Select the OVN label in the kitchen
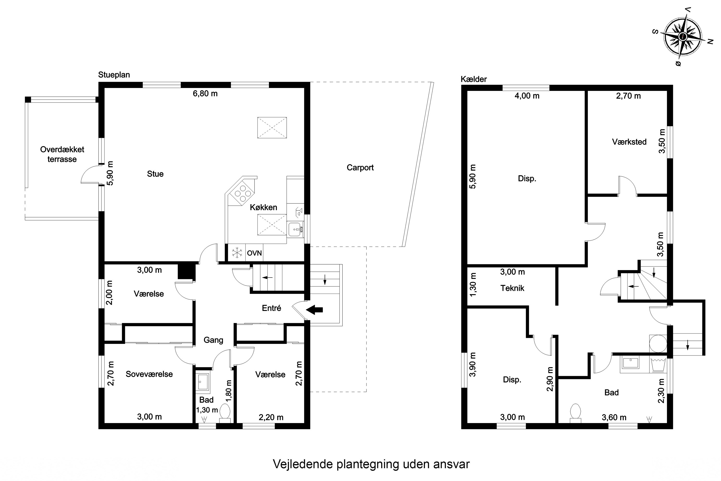pyautogui.click(x=254, y=253)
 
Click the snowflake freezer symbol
pyautogui.click(x=237, y=253)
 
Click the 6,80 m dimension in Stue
pyautogui.click(x=205, y=94)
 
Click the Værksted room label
pyautogui.click(x=629, y=142)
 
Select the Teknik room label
pyautogui.click(x=512, y=288)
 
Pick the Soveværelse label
pyautogui.click(x=149, y=374)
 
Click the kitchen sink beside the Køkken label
pyautogui.click(x=295, y=229)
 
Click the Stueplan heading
pyautogui.click(x=114, y=75)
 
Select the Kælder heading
pyautogui.click(x=474, y=79)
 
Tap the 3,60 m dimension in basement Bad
pyautogui.click(x=614, y=417)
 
